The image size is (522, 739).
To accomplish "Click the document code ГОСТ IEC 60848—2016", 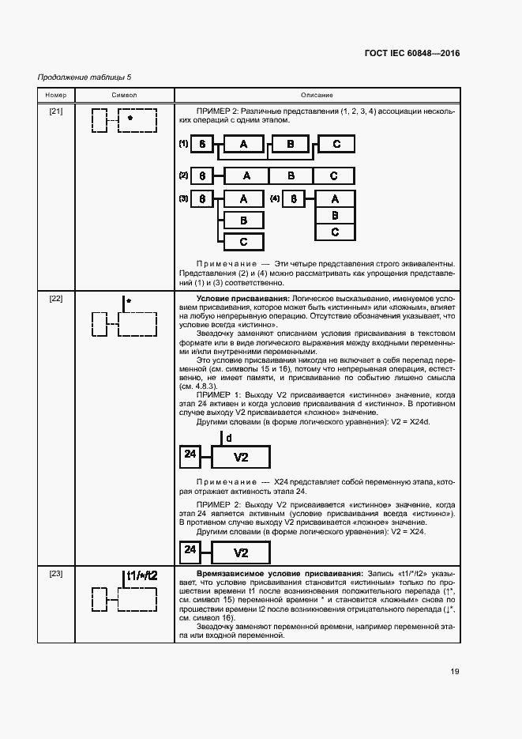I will click(x=412, y=54).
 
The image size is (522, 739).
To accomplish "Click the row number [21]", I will click(x=57, y=111).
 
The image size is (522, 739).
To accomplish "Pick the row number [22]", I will click(x=57, y=299).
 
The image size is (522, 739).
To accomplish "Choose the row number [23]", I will click(x=57, y=573).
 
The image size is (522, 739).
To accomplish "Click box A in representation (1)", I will click(x=244, y=144).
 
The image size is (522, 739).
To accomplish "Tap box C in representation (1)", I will click(x=336, y=144).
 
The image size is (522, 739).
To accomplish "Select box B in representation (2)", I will click(x=291, y=175).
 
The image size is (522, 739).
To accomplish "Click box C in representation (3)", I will click(x=244, y=242).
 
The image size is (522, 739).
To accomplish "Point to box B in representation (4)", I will click(x=336, y=215).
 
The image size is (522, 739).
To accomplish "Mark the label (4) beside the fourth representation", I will click(x=275, y=199).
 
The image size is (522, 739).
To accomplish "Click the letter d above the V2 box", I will click(x=229, y=437).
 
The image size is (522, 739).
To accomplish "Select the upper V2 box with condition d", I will click(x=242, y=458).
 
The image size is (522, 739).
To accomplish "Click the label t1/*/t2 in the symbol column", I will click(x=142, y=575).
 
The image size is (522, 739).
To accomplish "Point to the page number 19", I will click(x=455, y=672).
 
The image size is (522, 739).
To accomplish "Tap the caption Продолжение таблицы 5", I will click(x=84, y=77).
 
